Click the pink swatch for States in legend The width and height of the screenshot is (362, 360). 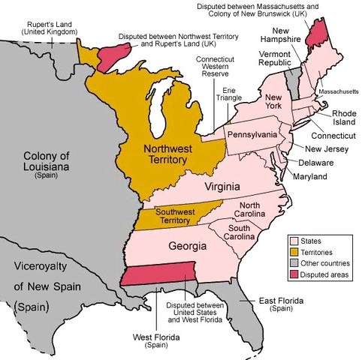click(x=294, y=241)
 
